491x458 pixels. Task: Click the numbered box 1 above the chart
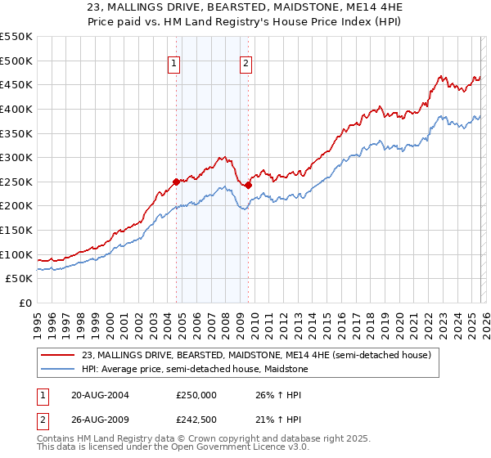(175, 67)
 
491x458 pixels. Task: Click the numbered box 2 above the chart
(246, 67)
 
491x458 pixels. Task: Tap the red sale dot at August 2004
(176, 182)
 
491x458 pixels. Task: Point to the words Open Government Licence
(223, 449)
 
